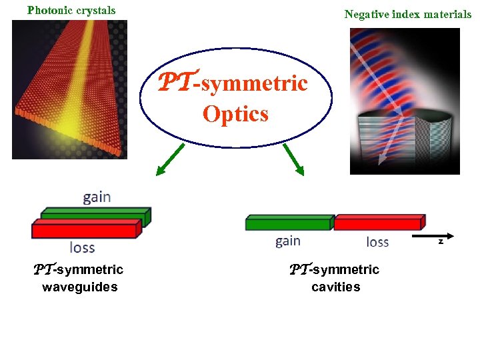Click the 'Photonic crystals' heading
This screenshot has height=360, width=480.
(71, 10)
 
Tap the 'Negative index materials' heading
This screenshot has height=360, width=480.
(407, 14)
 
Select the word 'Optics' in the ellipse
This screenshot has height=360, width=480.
(235, 114)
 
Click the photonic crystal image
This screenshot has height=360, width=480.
(69, 89)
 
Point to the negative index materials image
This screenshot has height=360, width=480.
(405, 101)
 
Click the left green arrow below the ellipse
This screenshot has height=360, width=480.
(169, 161)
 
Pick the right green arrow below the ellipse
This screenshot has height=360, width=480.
(293, 161)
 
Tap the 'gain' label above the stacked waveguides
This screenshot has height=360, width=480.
(97, 197)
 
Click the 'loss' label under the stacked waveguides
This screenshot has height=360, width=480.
(83, 248)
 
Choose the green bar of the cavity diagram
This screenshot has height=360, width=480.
(288, 223)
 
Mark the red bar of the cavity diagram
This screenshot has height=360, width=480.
(378, 223)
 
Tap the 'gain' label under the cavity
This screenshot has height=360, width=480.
(288, 241)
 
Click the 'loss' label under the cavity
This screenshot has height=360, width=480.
(377, 241)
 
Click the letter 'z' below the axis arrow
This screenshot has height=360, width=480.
(441, 241)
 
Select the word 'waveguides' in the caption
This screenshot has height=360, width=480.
(79, 287)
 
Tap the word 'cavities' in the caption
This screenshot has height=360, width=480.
(335, 287)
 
